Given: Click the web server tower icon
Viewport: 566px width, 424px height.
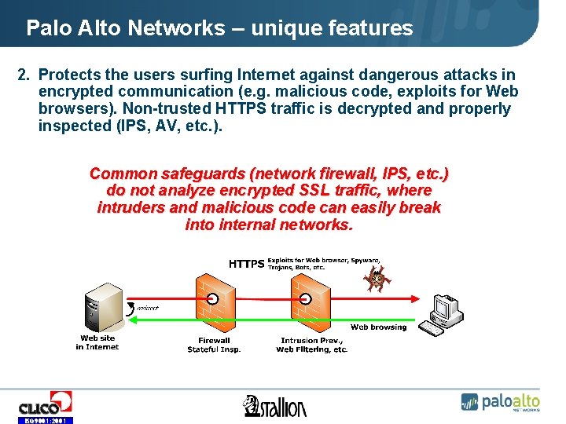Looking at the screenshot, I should [x=105, y=308].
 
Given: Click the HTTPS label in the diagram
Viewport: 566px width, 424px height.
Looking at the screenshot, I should [x=246, y=264].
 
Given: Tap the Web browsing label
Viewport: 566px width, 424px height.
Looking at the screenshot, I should [x=378, y=327].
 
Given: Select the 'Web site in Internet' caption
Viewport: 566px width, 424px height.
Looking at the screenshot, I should [x=97, y=342].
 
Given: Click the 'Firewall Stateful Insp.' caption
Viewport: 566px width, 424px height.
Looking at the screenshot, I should [x=214, y=345].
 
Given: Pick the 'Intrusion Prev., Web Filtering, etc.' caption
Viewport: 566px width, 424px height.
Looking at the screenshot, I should [x=311, y=345].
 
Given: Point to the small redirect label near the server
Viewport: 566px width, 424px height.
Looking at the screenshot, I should [x=147, y=308].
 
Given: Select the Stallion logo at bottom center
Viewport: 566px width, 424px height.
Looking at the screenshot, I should [x=275, y=405].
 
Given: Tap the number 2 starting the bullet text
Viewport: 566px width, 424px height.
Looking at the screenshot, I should [x=23, y=75].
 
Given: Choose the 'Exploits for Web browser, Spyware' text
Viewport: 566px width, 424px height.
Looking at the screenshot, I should [x=324, y=259].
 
